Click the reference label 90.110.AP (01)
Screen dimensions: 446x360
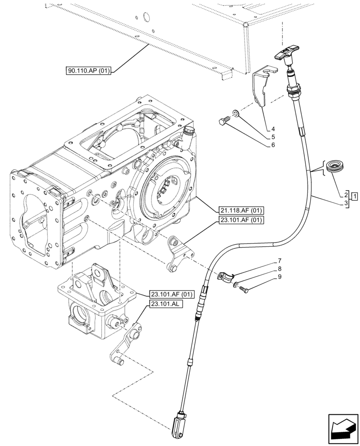tap(89, 70)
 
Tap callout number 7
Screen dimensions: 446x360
tap(279, 260)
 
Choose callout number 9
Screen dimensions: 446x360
tap(279, 277)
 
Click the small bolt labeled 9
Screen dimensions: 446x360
tap(244, 290)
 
